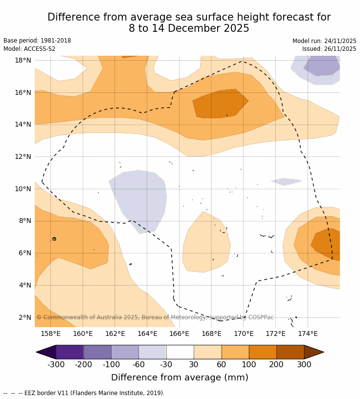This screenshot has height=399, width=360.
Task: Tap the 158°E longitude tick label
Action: (x=50, y=334)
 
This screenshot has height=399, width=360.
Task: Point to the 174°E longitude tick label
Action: (x=308, y=334)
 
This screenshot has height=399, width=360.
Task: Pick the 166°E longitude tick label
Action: (x=179, y=334)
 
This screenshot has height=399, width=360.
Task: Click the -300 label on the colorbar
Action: (x=56, y=364)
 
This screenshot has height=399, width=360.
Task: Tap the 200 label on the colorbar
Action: (x=276, y=364)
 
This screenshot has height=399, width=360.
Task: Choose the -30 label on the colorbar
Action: (x=166, y=364)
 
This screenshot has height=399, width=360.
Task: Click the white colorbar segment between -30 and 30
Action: (x=180, y=352)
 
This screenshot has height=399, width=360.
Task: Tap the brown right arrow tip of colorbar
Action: (x=314, y=352)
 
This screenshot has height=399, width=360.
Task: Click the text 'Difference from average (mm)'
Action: (x=180, y=377)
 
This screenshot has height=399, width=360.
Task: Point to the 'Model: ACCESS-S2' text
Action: (x=29, y=49)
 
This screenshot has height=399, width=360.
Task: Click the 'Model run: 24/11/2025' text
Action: (x=324, y=41)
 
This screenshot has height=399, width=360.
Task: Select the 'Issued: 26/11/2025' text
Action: (x=329, y=49)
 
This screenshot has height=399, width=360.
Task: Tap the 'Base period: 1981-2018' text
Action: (x=37, y=41)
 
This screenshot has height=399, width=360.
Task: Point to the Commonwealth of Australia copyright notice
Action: (x=155, y=317)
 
